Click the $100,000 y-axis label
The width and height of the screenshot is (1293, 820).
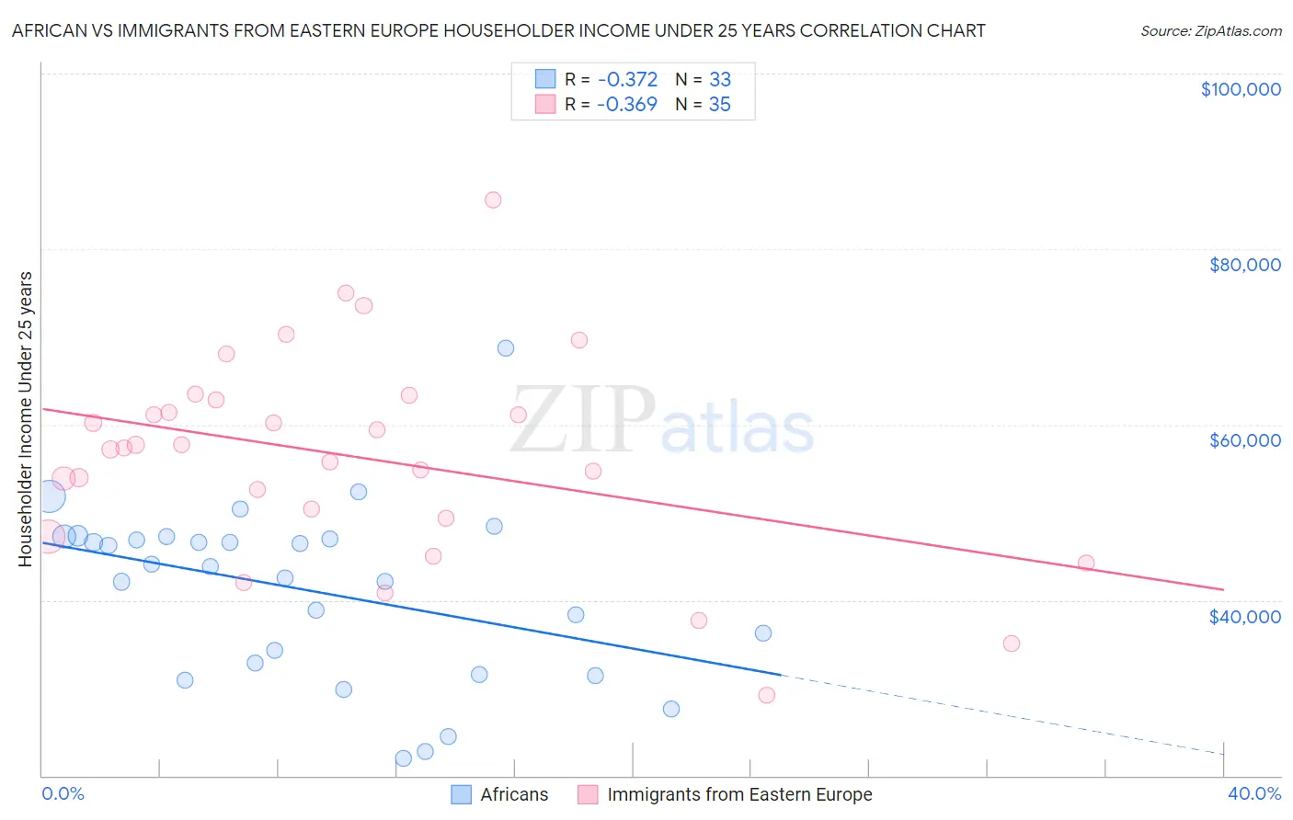[1240, 89]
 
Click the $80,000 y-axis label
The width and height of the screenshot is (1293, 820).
[1244, 265]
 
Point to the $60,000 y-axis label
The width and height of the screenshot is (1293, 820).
[1244, 440]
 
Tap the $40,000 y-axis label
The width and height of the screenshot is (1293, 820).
[1244, 617]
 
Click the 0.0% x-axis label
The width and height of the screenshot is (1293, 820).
[63, 793]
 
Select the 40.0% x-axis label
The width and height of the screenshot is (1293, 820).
[1253, 793]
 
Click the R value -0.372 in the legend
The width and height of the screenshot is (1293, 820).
[627, 80]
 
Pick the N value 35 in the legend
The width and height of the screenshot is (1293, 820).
[719, 105]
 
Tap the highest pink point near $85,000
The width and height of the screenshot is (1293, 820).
[493, 200]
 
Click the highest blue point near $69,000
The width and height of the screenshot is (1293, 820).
[506, 348]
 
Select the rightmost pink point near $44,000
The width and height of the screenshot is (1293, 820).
[1086, 564]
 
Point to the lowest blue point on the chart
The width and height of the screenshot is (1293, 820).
[404, 758]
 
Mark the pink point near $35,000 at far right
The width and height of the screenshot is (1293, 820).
[1012, 643]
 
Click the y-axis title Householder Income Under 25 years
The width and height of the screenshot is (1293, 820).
[26, 418]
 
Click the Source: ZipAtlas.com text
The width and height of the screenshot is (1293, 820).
[1210, 31]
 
